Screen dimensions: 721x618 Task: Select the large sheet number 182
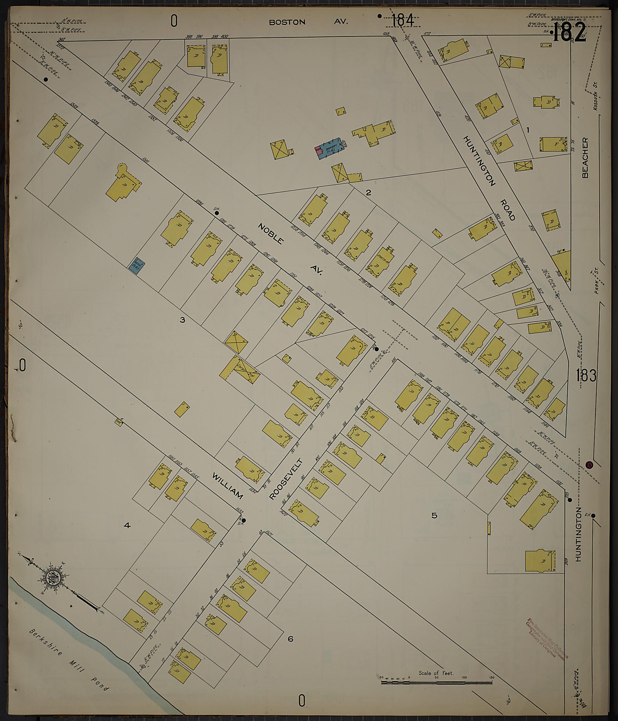(569, 34)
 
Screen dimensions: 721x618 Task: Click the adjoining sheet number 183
(586, 375)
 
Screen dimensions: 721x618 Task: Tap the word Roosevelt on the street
(286, 479)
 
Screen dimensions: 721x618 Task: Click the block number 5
(434, 515)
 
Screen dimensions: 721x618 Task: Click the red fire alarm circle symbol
(589, 465)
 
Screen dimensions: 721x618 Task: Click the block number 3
(182, 320)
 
